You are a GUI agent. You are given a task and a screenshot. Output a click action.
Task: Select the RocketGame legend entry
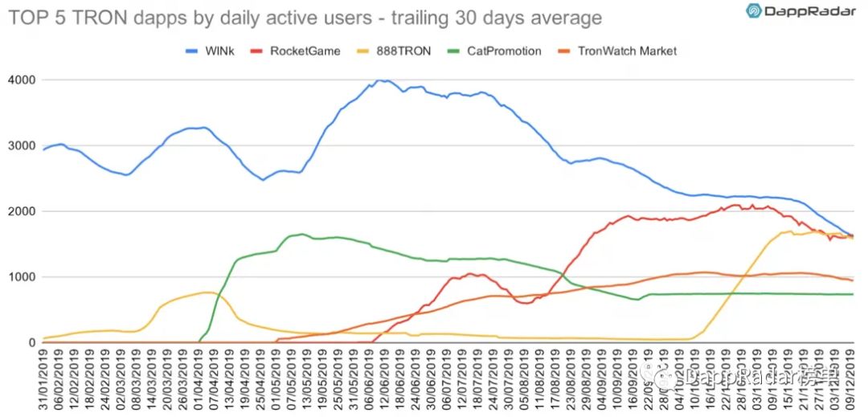[x=305, y=51]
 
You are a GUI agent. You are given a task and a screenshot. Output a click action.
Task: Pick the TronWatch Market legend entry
[x=627, y=51]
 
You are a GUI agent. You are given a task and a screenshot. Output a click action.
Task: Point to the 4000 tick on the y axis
[x=21, y=80]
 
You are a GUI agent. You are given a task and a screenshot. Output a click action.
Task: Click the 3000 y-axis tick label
[x=21, y=146]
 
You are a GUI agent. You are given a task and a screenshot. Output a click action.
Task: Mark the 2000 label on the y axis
[x=21, y=211]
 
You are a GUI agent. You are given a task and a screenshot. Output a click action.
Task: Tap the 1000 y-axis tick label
[x=21, y=277]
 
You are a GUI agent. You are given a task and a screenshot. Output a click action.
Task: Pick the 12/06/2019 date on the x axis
[x=382, y=378]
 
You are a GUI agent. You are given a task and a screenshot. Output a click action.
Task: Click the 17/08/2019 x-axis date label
[x=551, y=378]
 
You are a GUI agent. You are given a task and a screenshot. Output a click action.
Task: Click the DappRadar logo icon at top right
[x=755, y=11]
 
